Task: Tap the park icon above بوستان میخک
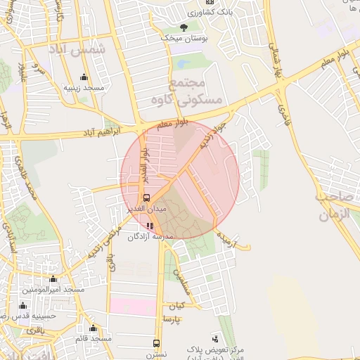pyautogui.click(x=184, y=27)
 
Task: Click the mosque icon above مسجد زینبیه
pyautogui.click(x=84, y=77)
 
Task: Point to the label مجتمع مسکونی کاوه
pyautogui.click(x=195, y=92)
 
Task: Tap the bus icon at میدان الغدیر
pyautogui.click(x=146, y=198)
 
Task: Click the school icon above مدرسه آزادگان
pyautogui.click(x=149, y=226)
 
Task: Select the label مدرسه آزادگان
pyautogui.click(x=149, y=237)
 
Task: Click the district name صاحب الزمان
pyautogui.click(x=335, y=206)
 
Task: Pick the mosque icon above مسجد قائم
pyautogui.click(x=93, y=328)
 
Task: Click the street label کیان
pyautogui.click(x=175, y=306)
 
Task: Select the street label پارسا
pyautogui.click(x=172, y=319)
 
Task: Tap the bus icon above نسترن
pyautogui.click(x=157, y=344)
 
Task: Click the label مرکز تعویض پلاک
pyautogui.click(x=214, y=349)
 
